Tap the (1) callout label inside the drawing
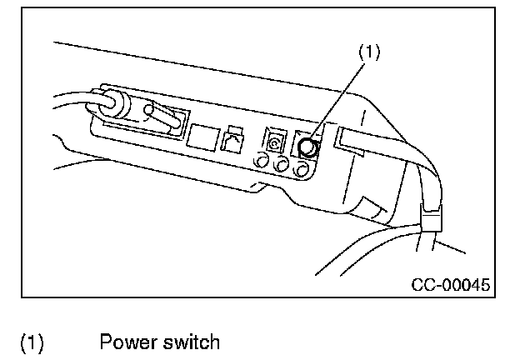369,52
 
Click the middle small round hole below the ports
282,166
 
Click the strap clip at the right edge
432,219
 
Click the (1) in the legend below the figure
32,342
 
